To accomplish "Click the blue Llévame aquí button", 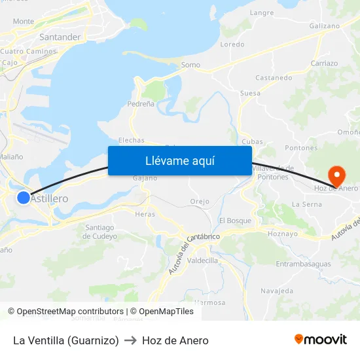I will tap(179, 160).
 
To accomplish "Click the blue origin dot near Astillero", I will tap(24, 197).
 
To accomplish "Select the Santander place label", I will tap(60, 37).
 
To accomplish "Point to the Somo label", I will tap(190, 65).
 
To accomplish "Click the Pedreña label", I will tap(141, 104).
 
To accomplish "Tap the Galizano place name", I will tap(325, 26).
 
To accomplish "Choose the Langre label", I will tap(262, 12).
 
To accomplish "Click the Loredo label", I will tap(232, 45).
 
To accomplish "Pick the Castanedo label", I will tap(274, 77).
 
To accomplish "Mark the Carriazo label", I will tap(325, 63).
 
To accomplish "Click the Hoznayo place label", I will tap(283, 233).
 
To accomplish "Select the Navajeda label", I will tap(277, 290).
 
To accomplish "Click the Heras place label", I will tap(145, 214).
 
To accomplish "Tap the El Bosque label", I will tap(235, 221).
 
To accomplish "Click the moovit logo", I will tap(320, 340).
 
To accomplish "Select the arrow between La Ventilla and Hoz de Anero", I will tap(130, 340).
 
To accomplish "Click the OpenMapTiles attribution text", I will tap(164, 312).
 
